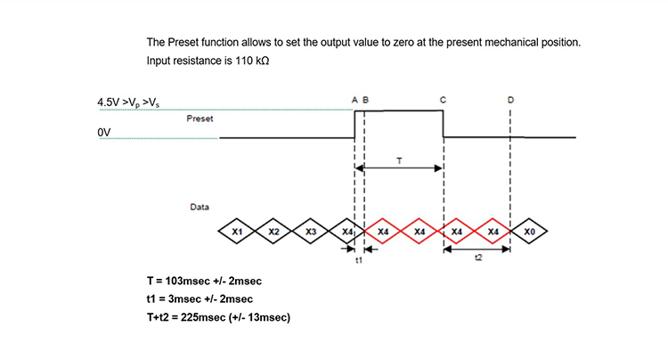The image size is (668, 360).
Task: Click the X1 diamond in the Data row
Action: pyautogui.click(x=237, y=232)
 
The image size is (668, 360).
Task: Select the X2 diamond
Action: pyautogui.click(x=273, y=232)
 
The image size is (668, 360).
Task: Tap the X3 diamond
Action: pyautogui.click(x=310, y=232)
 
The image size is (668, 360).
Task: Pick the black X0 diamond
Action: pyautogui.click(x=529, y=232)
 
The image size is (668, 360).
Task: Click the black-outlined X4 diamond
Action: pyautogui.click(x=346, y=232)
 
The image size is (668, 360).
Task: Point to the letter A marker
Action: pyautogui.click(x=354, y=100)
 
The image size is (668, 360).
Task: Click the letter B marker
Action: pyautogui.click(x=365, y=100)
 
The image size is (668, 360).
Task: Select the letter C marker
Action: pyautogui.click(x=444, y=100)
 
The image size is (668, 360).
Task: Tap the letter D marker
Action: pyautogui.click(x=509, y=100)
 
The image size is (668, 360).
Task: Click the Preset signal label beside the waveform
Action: pyautogui.click(x=200, y=119)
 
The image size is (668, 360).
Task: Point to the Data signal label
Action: pyautogui.click(x=200, y=207)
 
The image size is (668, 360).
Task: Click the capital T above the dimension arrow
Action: pyautogui.click(x=398, y=159)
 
